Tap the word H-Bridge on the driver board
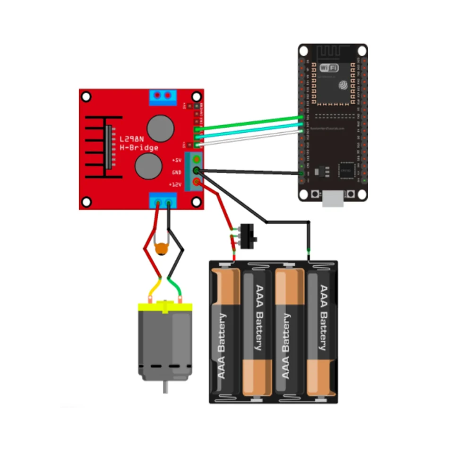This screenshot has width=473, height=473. [x=139, y=148]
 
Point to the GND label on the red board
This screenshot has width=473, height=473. [x=176, y=172]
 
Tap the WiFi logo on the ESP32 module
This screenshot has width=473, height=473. [x=329, y=68]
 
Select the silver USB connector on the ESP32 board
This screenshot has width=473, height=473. [x=334, y=200]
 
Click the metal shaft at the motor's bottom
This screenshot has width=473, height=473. [x=165, y=387]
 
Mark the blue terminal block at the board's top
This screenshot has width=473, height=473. [x=163, y=97]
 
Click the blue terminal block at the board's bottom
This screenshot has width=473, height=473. [x=163, y=201]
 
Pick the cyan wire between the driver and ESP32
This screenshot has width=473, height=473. [x=250, y=129]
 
